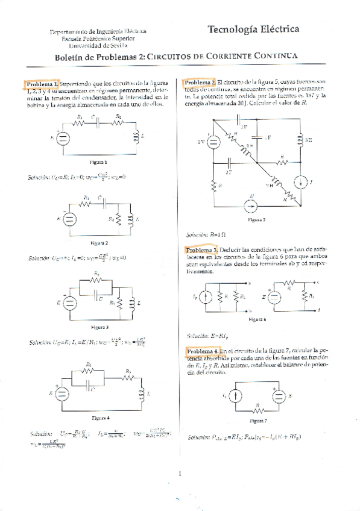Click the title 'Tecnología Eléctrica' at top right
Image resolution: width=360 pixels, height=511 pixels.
point(253,30)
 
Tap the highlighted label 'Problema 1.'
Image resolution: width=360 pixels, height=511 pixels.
point(41,83)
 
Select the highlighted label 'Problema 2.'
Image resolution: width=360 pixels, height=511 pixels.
point(200,82)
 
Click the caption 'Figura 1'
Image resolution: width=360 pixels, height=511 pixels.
point(98,162)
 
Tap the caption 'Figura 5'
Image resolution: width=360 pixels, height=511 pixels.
point(256,221)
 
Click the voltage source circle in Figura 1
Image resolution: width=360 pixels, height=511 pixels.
point(62,137)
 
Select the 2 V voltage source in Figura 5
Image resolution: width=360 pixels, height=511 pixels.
point(213,142)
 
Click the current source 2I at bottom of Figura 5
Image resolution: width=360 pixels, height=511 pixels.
point(252,205)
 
